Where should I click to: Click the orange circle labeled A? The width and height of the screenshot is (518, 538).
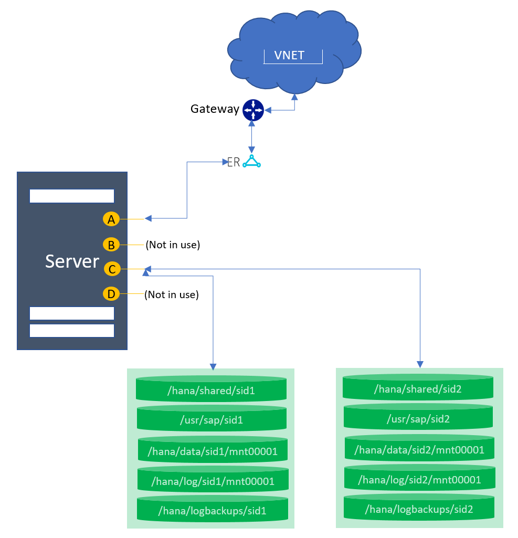point(111,219)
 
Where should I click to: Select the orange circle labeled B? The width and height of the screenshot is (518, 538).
point(111,245)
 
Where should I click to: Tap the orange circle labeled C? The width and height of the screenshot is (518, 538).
point(111,269)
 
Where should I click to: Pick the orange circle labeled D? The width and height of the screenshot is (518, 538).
point(111,294)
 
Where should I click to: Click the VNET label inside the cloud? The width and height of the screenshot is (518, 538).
point(289,55)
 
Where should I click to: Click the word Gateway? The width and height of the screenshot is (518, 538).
point(215,109)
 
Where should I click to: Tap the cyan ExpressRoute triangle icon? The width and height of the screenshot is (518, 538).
point(252,162)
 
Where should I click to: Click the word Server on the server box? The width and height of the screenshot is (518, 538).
point(72,261)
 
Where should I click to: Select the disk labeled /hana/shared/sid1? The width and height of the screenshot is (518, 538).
point(211,391)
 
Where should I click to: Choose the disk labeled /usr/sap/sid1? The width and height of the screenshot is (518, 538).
point(211,420)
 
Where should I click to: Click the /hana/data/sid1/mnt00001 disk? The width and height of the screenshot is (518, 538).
point(213,450)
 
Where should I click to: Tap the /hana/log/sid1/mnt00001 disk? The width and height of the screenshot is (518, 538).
point(213,480)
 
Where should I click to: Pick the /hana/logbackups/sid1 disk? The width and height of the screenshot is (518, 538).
point(213,510)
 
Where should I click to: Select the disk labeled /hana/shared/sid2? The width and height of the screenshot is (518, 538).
point(418,389)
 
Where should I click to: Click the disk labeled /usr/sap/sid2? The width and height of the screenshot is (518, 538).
point(418,419)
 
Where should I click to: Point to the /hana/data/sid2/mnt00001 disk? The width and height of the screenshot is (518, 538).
point(419,450)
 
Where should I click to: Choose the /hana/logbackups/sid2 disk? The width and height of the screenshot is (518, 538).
point(419,509)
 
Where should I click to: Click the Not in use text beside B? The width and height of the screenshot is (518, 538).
point(173,245)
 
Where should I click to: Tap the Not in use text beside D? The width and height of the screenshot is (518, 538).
point(172,294)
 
